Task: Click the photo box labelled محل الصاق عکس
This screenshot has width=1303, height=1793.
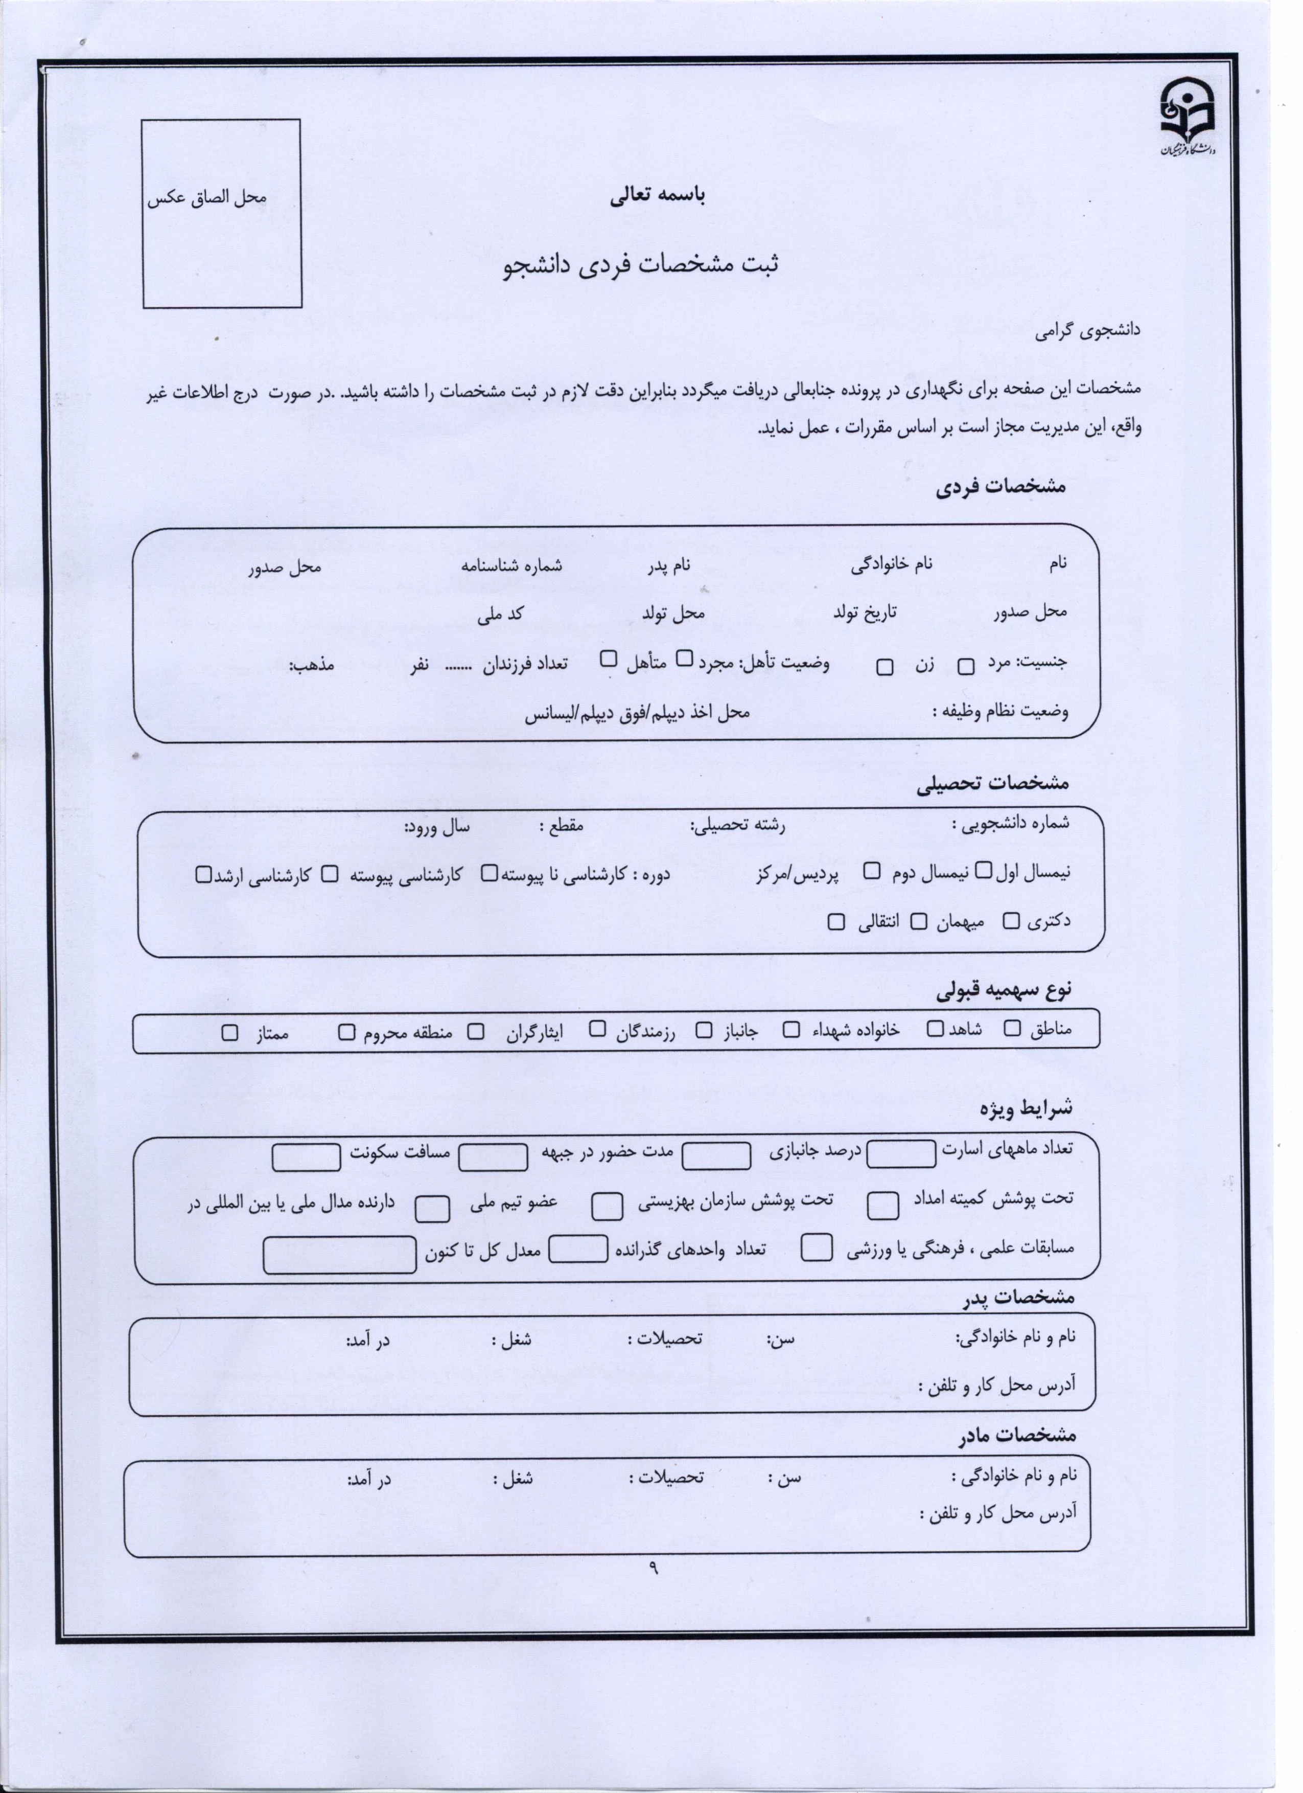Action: (x=222, y=214)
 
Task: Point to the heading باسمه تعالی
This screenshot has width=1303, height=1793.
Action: (x=658, y=196)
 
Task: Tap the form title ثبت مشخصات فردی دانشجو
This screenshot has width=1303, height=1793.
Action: (x=640, y=265)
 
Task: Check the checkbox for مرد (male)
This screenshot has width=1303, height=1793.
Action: (x=966, y=667)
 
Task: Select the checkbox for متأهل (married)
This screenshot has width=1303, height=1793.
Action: (x=609, y=658)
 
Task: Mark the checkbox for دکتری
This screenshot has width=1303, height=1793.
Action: (x=1011, y=921)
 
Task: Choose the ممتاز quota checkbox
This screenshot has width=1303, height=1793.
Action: (x=230, y=1032)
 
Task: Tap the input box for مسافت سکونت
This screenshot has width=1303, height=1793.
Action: (x=306, y=1156)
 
